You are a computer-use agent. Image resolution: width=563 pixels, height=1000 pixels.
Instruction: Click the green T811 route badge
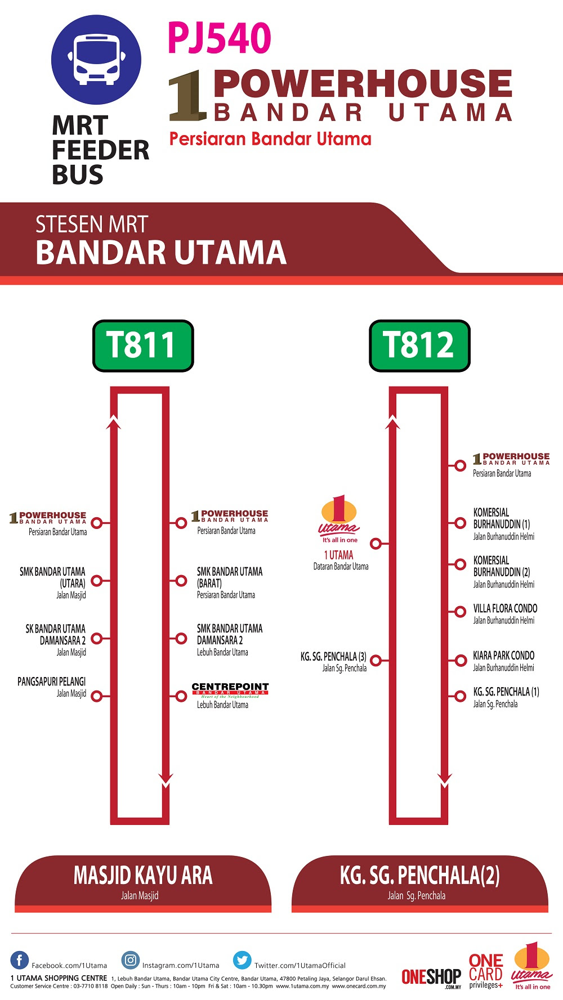click(143, 346)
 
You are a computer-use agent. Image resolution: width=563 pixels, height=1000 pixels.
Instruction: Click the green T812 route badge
click(419, 346)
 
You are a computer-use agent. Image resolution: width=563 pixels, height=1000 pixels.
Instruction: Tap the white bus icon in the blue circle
click(96, 60)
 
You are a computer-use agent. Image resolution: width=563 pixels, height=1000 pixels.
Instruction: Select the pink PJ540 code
click(220, 38)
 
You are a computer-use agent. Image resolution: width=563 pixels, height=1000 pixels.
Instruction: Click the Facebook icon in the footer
click(20, 960)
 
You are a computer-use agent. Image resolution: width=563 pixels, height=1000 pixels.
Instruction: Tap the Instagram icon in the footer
click(131, 960)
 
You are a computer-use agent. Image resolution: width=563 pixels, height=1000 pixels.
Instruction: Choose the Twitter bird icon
click(243, 960)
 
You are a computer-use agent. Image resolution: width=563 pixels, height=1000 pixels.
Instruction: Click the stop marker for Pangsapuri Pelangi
click(97, 696)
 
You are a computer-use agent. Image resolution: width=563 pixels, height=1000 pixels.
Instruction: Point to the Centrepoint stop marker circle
click(181, 696)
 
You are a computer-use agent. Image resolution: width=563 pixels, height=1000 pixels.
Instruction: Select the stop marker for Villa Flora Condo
click(461, 612)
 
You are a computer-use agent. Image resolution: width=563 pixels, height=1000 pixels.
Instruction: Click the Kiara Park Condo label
click(503, 656)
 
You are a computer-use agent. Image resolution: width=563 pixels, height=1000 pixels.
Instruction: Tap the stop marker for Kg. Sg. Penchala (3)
click(376, 660)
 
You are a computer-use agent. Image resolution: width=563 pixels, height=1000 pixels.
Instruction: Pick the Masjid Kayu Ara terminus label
click(143, 876)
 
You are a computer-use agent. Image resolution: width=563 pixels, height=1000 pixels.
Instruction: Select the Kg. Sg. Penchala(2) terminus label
click(419, 876)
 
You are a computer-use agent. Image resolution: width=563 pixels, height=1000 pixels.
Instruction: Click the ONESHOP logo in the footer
click(431, 977)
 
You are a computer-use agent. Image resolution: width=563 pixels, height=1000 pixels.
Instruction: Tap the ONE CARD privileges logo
click(486, 971)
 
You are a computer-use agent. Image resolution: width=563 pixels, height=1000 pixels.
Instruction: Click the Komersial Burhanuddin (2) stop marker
click(461, 564)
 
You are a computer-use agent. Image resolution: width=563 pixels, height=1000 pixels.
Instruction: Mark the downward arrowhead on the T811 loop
click(166, 780)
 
